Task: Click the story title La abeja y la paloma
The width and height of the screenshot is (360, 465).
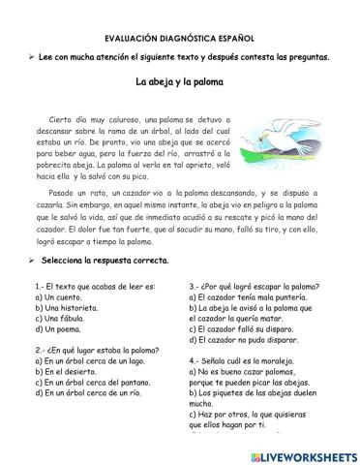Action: pos(179,82)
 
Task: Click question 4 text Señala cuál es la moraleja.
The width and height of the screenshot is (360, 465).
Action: pos(252,361)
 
